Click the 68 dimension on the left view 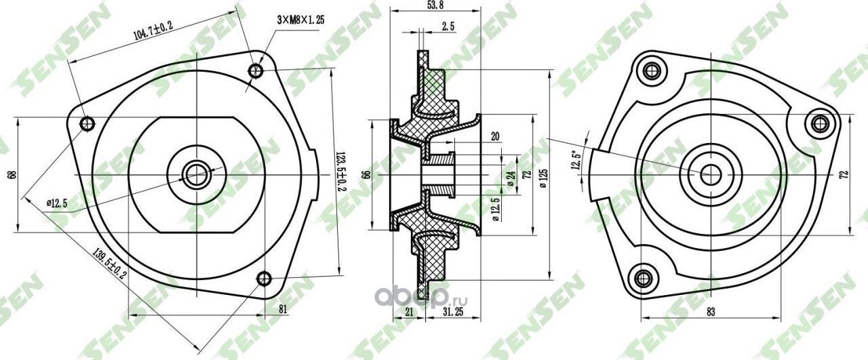pyautogui.click(x=11, y=174)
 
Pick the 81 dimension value pyautogui.click(x=283, y=309)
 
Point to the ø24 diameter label pyautogui.click(x=510, y=178)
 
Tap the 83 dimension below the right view pyautogui.click(x=710, y=312)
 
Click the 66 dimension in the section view pyautogui.click(x=366, y=174)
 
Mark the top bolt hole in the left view pyautogui.click(x=256, y=70)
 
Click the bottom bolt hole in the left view pyautogui.click(x=264, y=278)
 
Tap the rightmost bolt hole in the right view pyautogui.click(x=820, y=123)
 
